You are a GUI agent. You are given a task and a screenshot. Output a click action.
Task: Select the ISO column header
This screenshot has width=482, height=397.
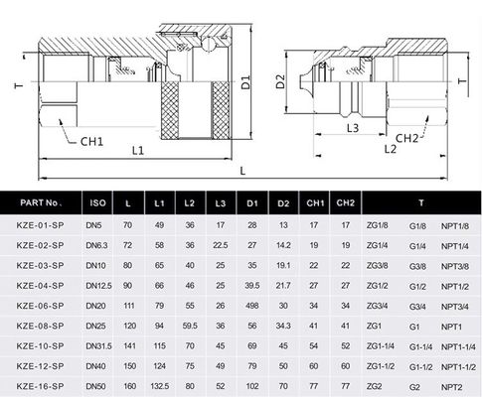coord(97,202)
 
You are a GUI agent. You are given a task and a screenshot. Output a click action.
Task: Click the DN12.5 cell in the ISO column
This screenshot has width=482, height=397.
coord(98,285)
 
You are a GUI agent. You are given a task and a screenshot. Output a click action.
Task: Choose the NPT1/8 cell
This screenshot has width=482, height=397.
coord(454,225)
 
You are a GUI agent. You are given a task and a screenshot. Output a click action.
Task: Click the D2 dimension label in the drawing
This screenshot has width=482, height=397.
coord(283,82)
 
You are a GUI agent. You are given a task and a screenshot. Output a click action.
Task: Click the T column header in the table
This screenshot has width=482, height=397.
coord(419,202)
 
